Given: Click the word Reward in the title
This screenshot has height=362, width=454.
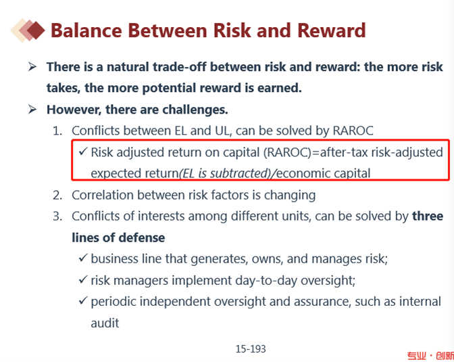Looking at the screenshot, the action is [x=332, y=30].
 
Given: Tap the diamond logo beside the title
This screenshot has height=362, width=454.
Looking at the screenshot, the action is [x=28, y=30].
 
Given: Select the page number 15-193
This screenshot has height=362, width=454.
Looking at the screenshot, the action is [x=251, y=348].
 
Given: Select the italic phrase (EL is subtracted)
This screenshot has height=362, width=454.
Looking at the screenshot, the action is [x=226, y=173].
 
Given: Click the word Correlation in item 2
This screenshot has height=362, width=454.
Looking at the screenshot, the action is [x=102, y=195].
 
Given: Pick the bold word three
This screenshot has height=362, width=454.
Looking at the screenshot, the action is [x=428, y=216].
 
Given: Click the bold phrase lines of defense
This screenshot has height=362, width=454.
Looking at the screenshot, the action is [x=118, y=237].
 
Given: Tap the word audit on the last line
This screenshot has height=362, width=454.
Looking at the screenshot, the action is [x=105, y=323].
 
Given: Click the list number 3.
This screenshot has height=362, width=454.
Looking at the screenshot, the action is [x=57, y=217].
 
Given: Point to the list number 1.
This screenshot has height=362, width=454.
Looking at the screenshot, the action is [x=57, y=131].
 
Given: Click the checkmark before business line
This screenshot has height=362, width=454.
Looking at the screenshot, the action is [x=83, y=258].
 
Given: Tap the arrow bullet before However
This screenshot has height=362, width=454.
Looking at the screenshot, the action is [x=32, y=110].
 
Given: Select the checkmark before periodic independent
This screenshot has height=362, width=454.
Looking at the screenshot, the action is [x=83, y=300].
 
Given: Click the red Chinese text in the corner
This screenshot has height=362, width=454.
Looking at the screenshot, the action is [x=430, y=356].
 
